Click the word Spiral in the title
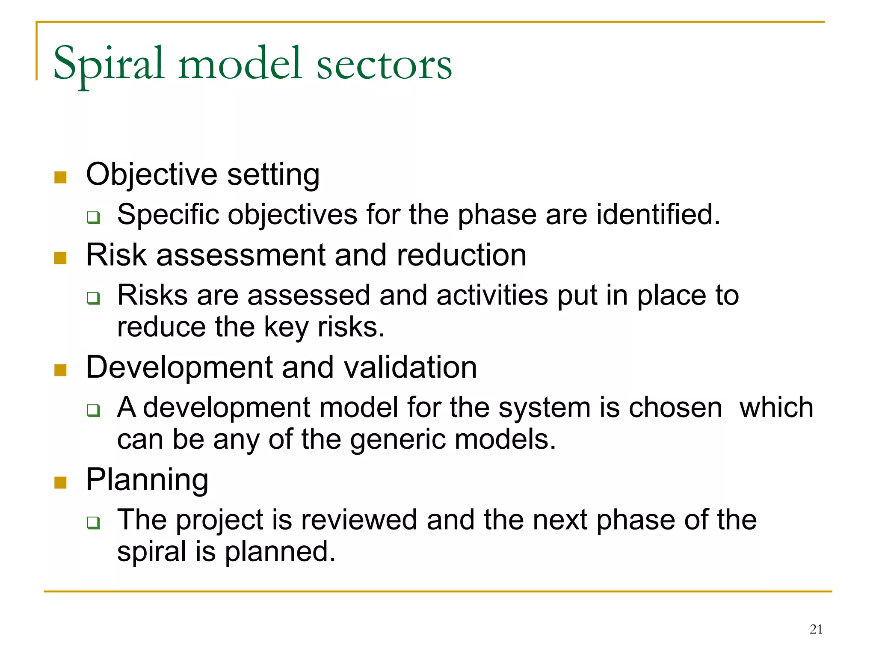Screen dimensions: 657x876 pos(109,64)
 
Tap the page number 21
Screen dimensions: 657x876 pos(816,629)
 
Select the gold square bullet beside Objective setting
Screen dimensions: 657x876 pos(60,177)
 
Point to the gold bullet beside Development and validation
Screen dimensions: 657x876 pos(60,370)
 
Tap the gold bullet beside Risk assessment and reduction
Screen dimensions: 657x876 pos(60,258)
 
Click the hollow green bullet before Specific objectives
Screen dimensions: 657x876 pos(93,217)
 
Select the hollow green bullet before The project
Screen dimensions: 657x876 pos(93,522)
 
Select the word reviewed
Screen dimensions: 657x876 pos(358,520)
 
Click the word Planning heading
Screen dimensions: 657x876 pos(147,480)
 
